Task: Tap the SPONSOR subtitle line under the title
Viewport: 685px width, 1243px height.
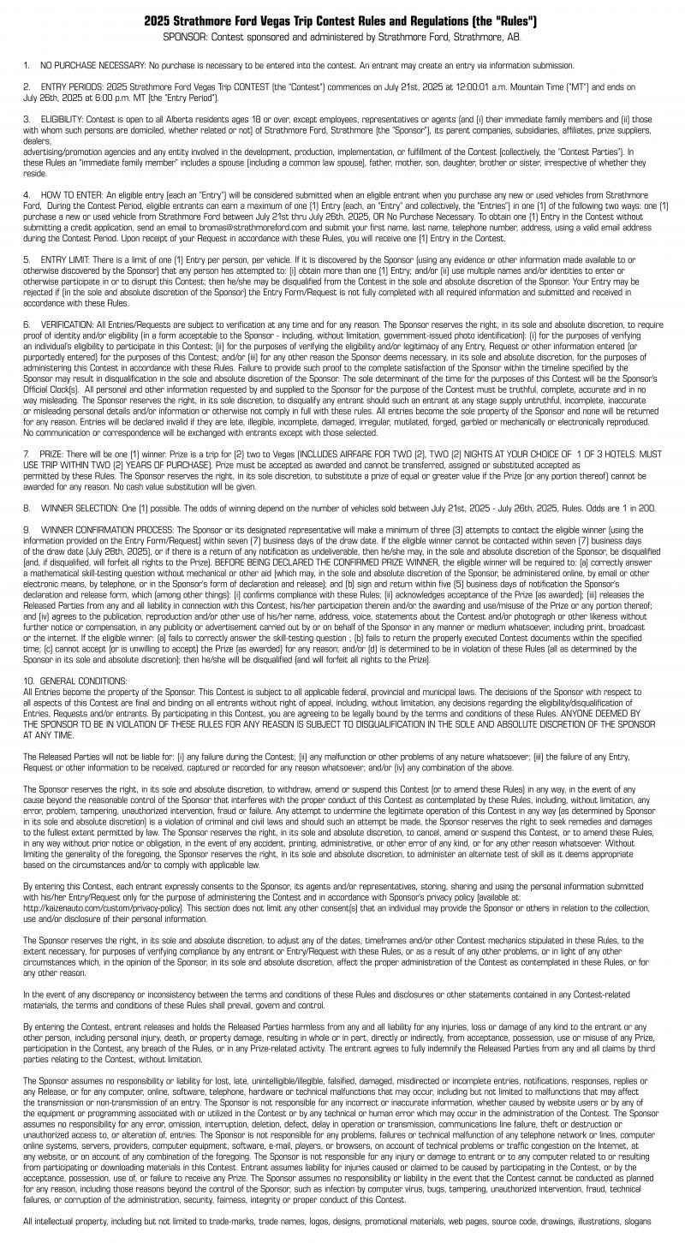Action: pos(342,38)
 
